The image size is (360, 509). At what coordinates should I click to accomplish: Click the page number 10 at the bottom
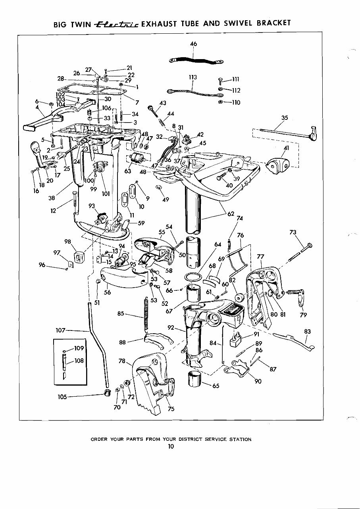(171, 446)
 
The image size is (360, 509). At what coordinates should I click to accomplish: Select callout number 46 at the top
(193, 44)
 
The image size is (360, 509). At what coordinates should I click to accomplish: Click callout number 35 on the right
(284, 118)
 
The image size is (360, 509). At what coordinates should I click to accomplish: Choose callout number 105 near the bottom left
(62, 396)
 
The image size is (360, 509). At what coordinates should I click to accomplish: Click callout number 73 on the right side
(293, 232)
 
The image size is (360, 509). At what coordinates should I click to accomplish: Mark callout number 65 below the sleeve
(216, 385)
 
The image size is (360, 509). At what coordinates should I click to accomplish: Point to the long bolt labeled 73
(300, 252)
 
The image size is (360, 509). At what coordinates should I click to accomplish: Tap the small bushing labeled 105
(107, 393)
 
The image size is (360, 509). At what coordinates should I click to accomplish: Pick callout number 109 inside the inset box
(79, 348)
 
